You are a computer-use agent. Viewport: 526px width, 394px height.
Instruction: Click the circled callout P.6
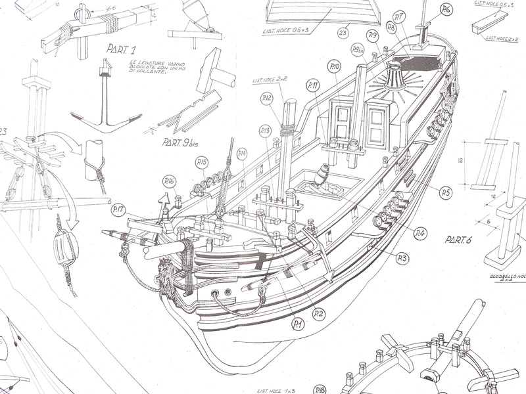tap(446, 9)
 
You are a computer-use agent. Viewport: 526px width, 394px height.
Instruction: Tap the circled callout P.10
tap(335, 67)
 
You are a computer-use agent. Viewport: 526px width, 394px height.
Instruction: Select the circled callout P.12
tap(266, 98)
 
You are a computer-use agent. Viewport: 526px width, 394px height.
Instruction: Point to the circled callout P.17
tap(118, 210)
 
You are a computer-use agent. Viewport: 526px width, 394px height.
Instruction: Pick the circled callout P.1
tap(298, 323)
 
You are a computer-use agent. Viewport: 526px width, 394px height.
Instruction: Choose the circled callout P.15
tap(202, 162)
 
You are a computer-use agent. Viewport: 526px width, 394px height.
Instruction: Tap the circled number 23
tap(343, 32)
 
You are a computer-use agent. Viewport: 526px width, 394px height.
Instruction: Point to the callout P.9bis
tap(358, 49)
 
